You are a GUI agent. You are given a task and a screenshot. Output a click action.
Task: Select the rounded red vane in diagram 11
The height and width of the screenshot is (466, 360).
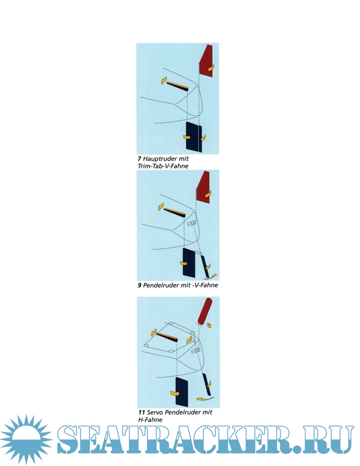click(x=205, y=312)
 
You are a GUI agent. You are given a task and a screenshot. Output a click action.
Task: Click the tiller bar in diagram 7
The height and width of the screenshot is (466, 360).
click(x=177, y=86)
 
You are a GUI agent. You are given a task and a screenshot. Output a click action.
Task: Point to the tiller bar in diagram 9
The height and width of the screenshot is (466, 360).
click(x=174, y=212)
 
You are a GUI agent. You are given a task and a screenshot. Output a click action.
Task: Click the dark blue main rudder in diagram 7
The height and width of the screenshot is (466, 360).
click(x=194, y=137)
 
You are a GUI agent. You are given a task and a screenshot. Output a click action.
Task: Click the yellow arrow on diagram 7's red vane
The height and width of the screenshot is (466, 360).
click(x=211, y=68)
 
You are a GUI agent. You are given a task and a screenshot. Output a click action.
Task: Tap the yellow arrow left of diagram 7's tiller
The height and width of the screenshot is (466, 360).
click(x=164, y=80)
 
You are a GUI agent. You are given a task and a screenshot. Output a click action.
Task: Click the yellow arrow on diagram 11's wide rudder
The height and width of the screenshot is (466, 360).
click(x=175, y=393)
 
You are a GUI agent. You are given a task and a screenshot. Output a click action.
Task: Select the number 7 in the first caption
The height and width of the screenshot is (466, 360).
click(x=139, y=159)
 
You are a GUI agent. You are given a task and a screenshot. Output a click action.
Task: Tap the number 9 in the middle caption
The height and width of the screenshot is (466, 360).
click(x=139, y=285)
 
